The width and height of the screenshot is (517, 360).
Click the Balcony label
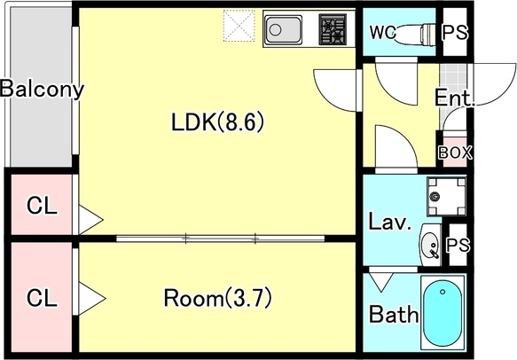coord(42,89)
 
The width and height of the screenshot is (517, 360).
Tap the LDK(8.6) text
coord(217,122)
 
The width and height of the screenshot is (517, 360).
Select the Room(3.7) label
coord(217,298)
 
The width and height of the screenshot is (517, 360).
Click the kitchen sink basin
coord(283,29)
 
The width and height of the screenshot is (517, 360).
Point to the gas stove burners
coord(333,29)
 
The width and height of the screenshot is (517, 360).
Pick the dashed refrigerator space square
coord(239,26)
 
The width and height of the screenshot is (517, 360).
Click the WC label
coord(382,33)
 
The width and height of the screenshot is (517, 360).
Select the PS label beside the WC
coord(455,32)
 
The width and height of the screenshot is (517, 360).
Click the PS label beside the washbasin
coord(458,245)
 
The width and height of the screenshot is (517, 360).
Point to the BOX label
coord(455,153)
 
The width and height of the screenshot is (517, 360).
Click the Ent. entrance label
coord(454,98)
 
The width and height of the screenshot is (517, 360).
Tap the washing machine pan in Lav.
coord(446,197)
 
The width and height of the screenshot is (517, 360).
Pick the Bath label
coord(394,314)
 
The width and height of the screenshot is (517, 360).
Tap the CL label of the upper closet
coord(42,206)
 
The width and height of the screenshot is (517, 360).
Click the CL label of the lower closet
coord(42,298)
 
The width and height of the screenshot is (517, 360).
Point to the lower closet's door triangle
coord(90,298)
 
